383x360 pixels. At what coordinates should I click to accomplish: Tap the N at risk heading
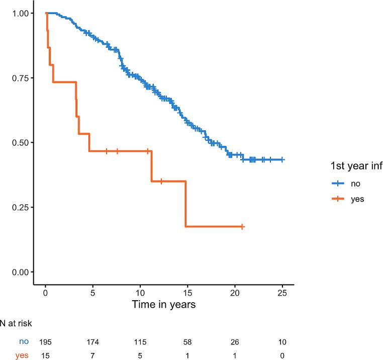17,325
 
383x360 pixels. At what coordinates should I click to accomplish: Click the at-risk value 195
46,342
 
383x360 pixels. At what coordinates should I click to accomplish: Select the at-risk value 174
93,342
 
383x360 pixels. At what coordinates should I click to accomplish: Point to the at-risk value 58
187,342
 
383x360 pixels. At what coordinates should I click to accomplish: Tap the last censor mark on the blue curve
282,159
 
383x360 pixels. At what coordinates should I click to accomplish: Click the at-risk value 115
140,342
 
